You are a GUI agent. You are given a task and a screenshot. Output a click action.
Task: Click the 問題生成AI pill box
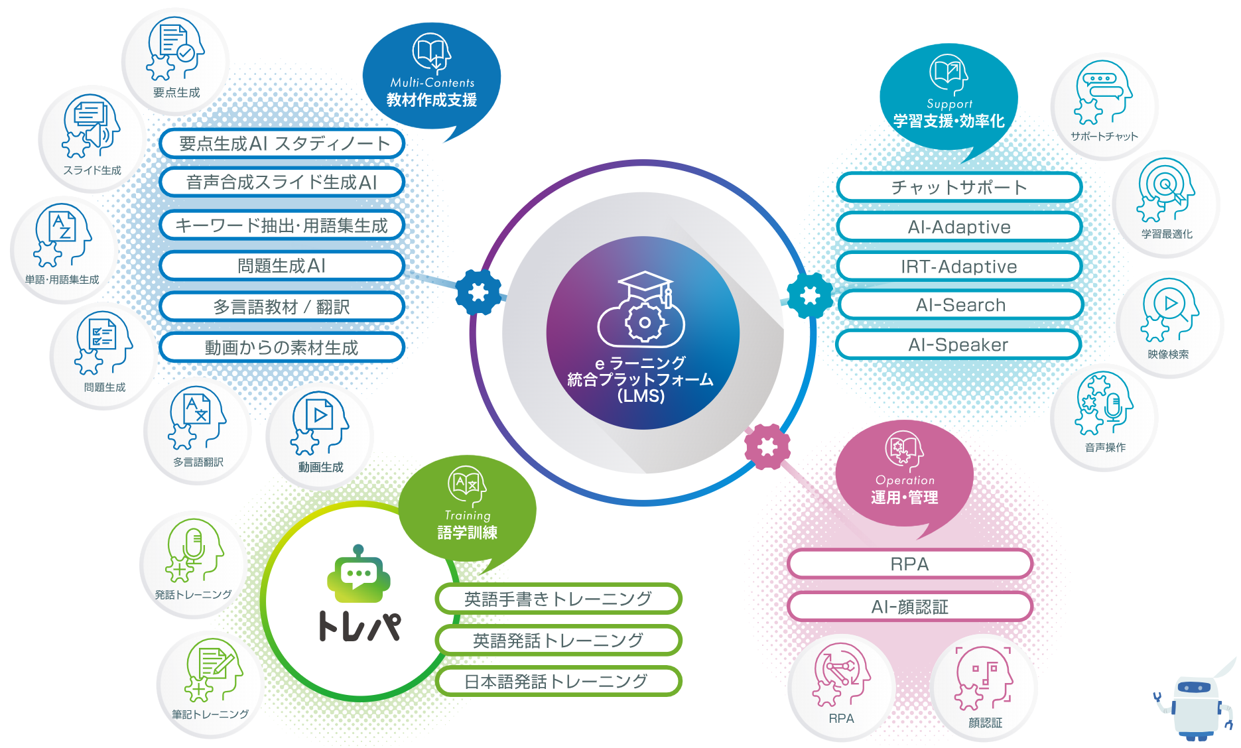pos(282,266)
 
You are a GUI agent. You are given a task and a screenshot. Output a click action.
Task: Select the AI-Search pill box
pos(960,305)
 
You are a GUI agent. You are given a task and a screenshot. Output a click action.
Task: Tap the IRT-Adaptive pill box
pos(958,267)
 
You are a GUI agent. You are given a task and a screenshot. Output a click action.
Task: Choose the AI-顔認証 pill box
pos(909,606)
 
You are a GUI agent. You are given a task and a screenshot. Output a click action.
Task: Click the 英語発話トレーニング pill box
pos(558,640)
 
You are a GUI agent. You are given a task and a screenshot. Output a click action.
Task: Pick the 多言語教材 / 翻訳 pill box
pos(282,307)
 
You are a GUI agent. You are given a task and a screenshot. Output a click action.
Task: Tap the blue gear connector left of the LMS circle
pos(478,292)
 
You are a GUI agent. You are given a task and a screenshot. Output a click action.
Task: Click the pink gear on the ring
pos(767,447)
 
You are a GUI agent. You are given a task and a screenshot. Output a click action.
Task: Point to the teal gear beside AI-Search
pos(810,295)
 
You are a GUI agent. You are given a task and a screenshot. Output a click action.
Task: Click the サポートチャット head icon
pos(1102,93)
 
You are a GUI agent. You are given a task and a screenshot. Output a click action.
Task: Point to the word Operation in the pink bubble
pos(905,480)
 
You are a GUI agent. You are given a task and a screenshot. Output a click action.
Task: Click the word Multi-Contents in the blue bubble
pos(432,83)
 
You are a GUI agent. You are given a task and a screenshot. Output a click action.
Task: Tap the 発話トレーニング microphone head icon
pos(192,550)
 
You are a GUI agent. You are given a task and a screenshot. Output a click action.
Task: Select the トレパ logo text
pos(359,626)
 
